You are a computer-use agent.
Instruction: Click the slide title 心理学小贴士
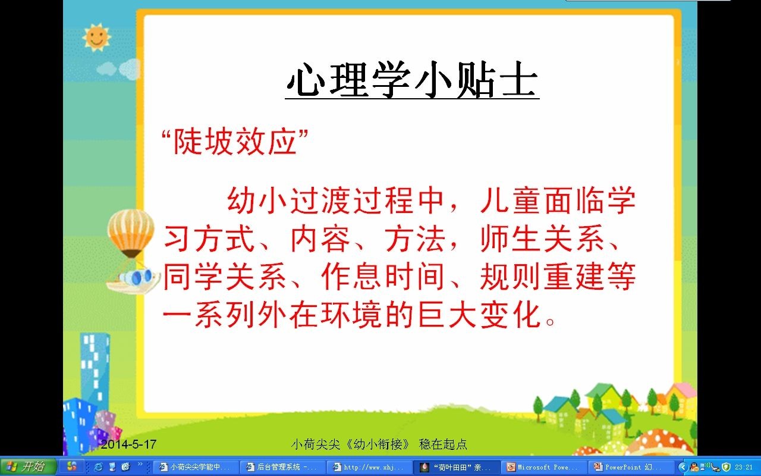pos(412,80)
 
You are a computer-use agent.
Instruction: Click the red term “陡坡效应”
pos(235,142)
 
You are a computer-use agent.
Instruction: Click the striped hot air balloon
pos(131,233)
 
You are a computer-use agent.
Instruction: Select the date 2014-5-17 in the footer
pos(128,444)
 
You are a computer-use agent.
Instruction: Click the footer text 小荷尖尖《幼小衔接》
pos(350,444)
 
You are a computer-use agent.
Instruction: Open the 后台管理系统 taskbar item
pos(282,467)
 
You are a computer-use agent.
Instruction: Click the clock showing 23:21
pos(744,468)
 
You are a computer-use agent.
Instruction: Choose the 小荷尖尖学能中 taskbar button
pos(196,467)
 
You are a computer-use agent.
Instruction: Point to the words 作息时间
pos(383,277)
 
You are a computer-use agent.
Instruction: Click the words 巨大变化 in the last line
pos(479,315)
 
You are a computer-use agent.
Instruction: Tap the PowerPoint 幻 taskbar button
pos(631,467)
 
